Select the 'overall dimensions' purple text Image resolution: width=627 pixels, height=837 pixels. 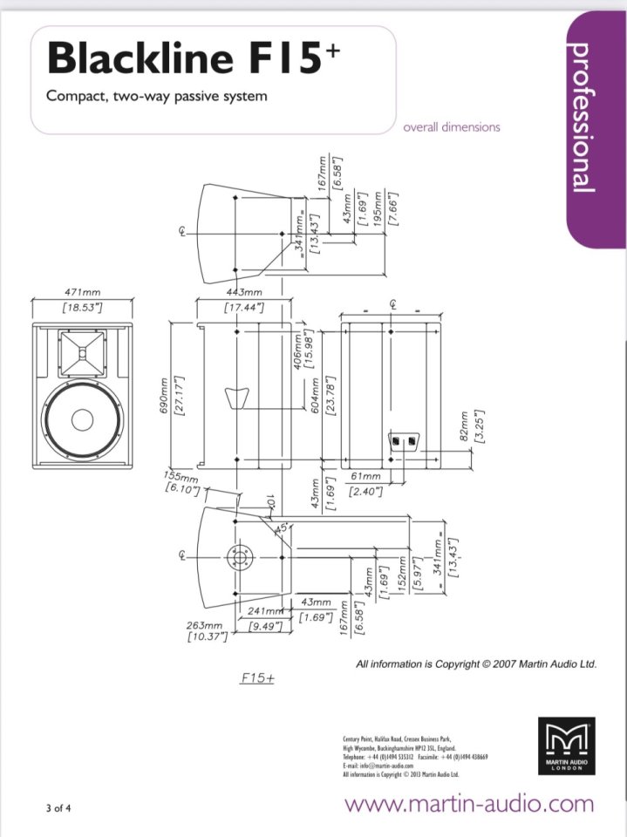tap(452, 127)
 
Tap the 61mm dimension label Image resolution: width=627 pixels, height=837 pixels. tap(365, 477)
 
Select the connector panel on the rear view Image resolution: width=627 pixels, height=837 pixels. tap(403, 442)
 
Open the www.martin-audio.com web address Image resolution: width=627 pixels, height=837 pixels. tap(469, 803)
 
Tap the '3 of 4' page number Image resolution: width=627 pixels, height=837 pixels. tap(58, 807)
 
